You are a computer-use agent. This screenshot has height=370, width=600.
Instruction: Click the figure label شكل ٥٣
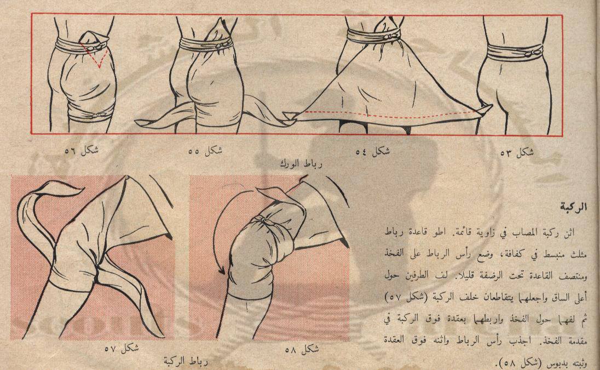click(x=517, y=152)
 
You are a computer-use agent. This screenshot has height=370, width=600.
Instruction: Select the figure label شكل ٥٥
click(x=205, y=151)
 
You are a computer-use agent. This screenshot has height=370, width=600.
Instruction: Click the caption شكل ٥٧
click(x=122, y=349)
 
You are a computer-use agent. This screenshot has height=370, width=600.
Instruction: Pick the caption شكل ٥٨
click(x=302, y=349)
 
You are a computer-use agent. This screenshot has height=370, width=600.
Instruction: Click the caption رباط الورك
click(x=301, y=164)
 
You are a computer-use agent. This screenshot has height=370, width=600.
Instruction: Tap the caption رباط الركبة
click(x=186, y=361)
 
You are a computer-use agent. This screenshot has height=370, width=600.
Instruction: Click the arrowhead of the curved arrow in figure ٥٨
click(x=222, y=271)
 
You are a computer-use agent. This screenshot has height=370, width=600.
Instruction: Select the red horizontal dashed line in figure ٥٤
click(x=387, y=114)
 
